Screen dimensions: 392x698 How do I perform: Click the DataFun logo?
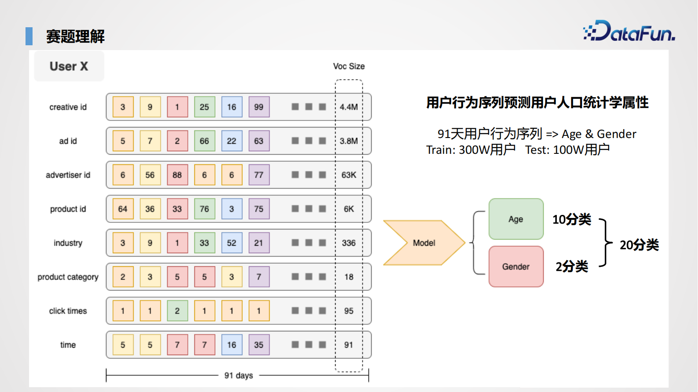pyautogui.click(x=629, y=31)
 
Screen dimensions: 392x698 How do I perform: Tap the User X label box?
pyautogui.click(x=69, y=66)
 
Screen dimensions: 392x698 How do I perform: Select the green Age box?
pyautogui.click(x=516, y=219)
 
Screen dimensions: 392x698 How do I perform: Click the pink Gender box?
pyautogui.click(x=516, y=266)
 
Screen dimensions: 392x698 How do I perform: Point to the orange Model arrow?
pyautogui.click(x=424, y=243)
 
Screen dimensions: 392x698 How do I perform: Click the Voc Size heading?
pyautogui.click(x=349, y=66)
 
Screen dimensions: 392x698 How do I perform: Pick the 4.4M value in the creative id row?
pyautogui.click(x=349, y=107)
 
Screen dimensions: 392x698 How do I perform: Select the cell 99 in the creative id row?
pyautogui.click(x=259, y=107)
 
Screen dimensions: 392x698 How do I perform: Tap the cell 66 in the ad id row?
pyautogui.click(x=205, y=141)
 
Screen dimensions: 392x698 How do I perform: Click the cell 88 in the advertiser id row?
pyautogui.click(x=177, y=175)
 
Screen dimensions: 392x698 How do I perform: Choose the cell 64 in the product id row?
pyautogui.click(x=123, y=209)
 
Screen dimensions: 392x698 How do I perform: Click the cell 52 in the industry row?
pyautogui.click(x=232, y=243)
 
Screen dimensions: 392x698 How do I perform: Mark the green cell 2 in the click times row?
pyautogui.click(x=177, y=311)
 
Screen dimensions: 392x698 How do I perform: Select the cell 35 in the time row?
pyautogui.click(x=259, y=345)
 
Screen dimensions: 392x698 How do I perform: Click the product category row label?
pyautogui.click(x=68, y=277)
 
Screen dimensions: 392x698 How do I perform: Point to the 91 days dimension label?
pyautogui.click(x=238, y=375)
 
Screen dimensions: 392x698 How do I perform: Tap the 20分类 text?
pyautogui.click(x=639, y=245)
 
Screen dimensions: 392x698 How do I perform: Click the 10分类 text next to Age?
pyautogui.click(x=571, y=219)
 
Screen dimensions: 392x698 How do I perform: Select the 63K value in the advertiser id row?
pyautogui.click(x=349, y=175)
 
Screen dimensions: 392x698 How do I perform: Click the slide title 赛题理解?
pyautogui.click(x=75, y=36)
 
